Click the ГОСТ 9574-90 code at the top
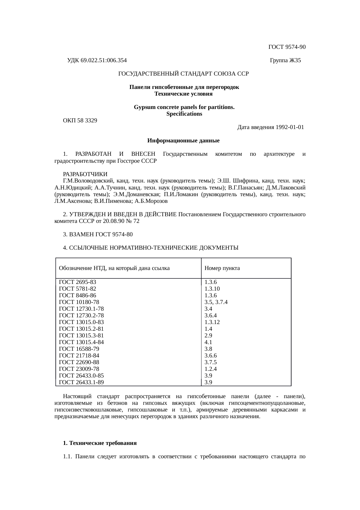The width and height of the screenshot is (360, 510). (x=287, y=47)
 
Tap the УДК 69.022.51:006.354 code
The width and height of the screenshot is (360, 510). (x=97, y=60)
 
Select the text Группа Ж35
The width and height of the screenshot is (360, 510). (x=285, y=60)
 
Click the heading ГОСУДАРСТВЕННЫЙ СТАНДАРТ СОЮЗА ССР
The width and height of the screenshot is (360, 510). (x=183, y=74)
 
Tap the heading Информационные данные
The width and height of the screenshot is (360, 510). (x=183, y=141)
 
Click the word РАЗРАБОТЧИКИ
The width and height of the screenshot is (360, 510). (x=85, y=174)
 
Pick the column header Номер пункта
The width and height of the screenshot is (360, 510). (x=222, y=268)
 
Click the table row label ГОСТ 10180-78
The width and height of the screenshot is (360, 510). (x=79, y=302)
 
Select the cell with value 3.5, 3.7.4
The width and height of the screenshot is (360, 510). (x=216, y=302)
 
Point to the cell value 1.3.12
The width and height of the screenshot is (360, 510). (x=212, y=322)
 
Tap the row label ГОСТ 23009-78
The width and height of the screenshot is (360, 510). (x=79, y=369)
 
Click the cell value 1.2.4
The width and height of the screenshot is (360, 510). (x=210, y=369)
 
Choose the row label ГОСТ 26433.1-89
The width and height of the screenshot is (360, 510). (x=81, y=382)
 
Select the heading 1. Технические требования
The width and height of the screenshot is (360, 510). (x=100, y=443)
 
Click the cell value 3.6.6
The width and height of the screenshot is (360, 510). (x=210, y=356)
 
